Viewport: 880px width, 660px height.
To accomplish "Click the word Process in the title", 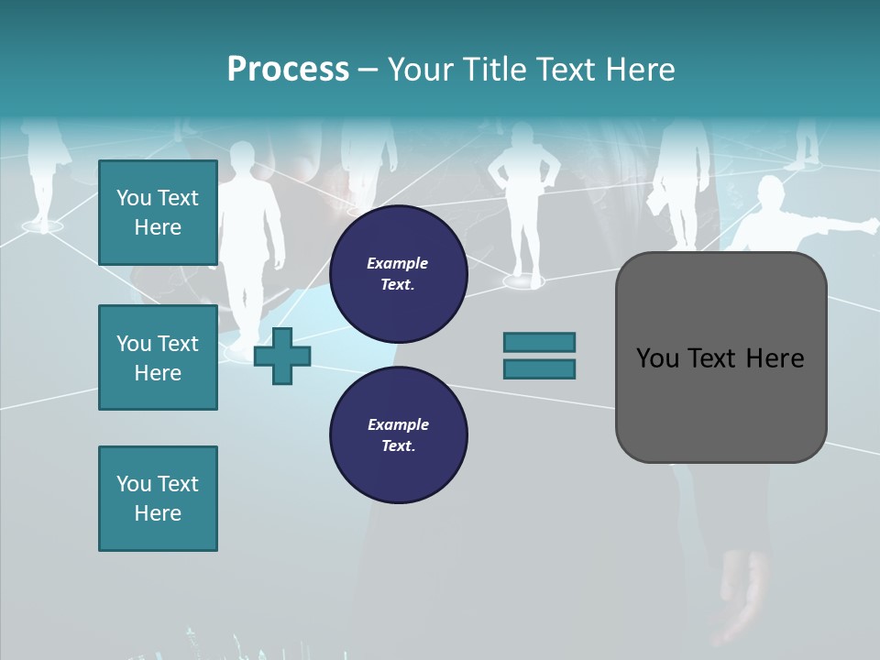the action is [x=288, y=70].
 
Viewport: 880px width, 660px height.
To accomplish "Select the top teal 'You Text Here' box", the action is [x=158, y=213].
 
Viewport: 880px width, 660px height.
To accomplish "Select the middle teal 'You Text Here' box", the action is [x=158, y=357].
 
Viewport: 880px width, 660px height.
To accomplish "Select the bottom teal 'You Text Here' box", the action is [x=158, y=499].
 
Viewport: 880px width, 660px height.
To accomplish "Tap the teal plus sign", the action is [x=282, y=356].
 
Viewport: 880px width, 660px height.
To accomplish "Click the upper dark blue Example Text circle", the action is [x=398, y=273].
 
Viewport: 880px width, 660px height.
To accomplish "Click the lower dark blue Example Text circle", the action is [x=398, y=434].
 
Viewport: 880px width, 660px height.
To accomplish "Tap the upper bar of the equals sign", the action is [x=539, y=342].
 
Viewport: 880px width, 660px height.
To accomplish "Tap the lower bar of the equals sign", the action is [x=539, y=368].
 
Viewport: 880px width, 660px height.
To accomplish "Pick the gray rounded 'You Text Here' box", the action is [x=720, y=357].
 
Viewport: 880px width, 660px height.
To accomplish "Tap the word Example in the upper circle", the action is [x=398, y=263].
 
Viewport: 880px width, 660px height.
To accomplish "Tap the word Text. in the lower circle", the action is [x=398, y=445].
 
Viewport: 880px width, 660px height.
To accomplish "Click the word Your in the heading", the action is [x=421, y=70].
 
